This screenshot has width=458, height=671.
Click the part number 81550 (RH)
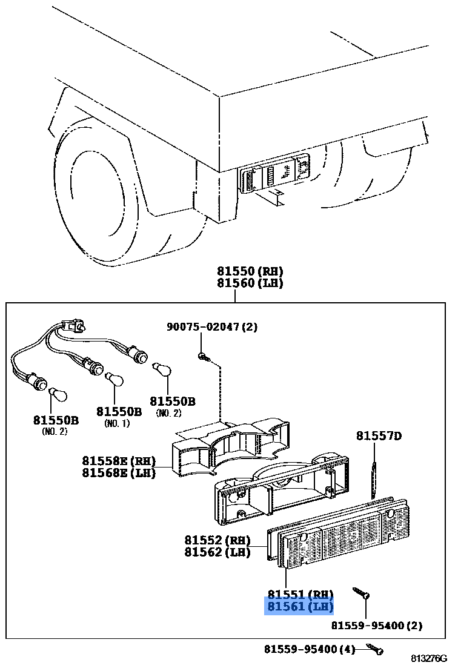(x=250, y=271)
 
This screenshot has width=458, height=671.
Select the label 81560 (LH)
(x=250, y=283)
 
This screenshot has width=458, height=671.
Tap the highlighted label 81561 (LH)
(x=299, y=607)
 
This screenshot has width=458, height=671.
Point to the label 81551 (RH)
(x=299, y=595)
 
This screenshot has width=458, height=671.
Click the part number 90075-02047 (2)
(x=212, y=327)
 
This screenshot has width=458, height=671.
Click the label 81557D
(x=379, y=436)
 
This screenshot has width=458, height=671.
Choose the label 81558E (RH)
(x=119, y=461)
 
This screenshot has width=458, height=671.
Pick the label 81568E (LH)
(x=119, y=473)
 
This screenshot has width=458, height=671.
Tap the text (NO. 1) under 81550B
(x=117, y=423)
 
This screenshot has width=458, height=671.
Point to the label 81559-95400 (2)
(x=377, y=626)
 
